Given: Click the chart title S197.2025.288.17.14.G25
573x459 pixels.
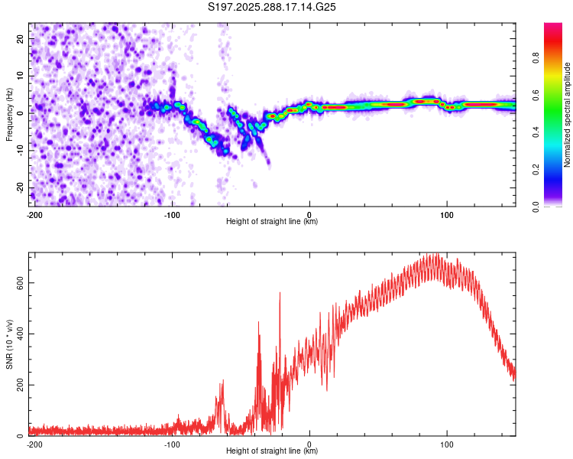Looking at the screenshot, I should click(x=273, y=7).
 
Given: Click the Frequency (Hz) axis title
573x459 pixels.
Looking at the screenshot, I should click(x=9, y=113).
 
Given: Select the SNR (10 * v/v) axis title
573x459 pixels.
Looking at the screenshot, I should click(x=9, y=343).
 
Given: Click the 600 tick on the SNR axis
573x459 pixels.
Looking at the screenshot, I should click(x=19, y=282).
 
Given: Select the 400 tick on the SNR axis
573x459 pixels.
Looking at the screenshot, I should click(x=19, y=334).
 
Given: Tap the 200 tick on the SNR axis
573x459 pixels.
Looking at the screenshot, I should click(x=19, y=385).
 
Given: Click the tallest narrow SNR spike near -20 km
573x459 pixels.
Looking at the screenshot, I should click(x=280, y=292).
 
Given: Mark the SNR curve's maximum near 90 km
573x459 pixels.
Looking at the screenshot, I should click(x=433, y=255).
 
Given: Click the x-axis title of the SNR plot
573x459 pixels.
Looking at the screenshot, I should click(x=272, y=451).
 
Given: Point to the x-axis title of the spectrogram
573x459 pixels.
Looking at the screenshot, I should click(x=272, y=222).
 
